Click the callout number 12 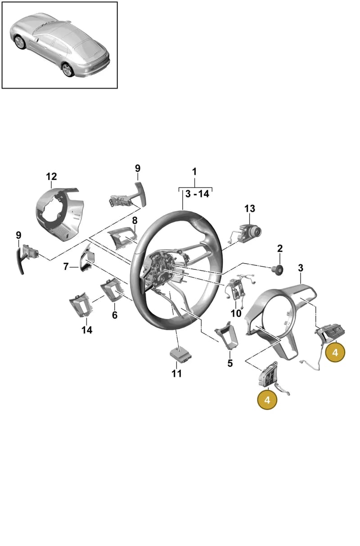(51, 176)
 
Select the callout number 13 (250, 209)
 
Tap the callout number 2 (280, 249)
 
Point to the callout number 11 (176, 373)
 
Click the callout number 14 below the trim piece (87, 330)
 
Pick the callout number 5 (230, 363)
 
